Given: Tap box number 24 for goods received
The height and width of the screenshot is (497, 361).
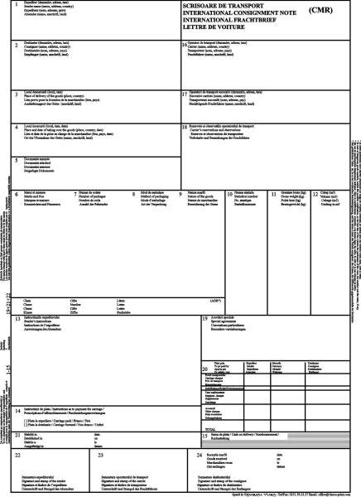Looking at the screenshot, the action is coord(199,456).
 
